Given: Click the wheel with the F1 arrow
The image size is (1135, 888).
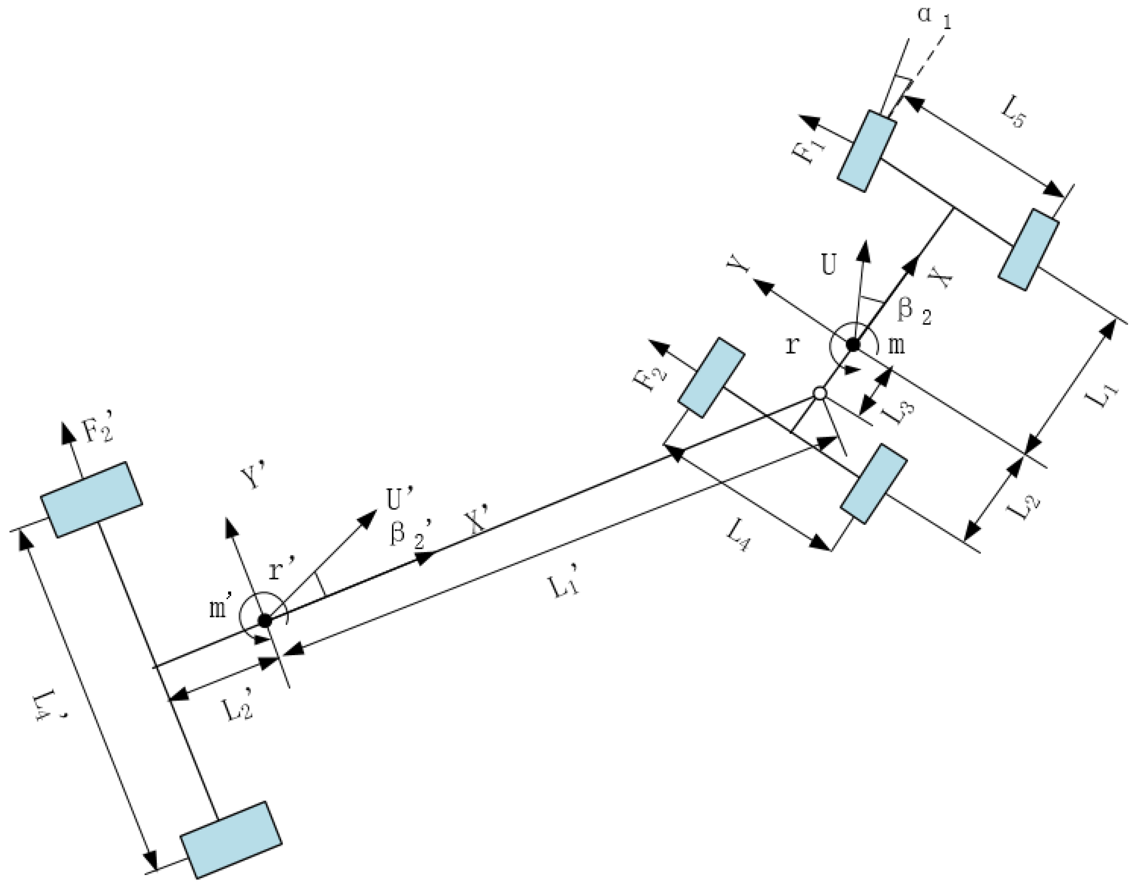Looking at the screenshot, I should tap(866, 151).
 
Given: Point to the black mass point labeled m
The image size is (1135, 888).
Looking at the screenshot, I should tap(853, 344).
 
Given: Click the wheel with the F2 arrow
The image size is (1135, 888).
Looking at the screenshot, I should tap(711, 377).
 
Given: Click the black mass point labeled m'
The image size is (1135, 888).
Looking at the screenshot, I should tap(265, 620).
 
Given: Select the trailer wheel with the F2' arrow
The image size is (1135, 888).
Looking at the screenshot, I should tap(92, 499).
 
